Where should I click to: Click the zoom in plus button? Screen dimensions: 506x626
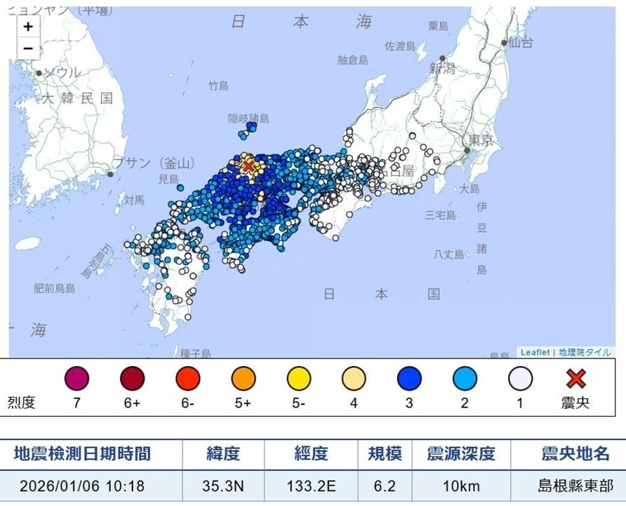(28, 27)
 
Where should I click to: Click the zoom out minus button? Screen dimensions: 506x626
(28, 47)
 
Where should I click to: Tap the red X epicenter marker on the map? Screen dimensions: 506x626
(248, 165)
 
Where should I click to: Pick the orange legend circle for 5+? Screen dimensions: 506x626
(243, 379)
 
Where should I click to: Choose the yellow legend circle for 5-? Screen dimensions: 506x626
(298, 379)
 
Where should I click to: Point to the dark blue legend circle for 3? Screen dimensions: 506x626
(409, 379)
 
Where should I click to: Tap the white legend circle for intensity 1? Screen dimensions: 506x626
(520, 379)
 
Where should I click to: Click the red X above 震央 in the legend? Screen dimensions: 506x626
(576, 379)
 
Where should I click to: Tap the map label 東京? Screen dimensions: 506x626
(484, 141)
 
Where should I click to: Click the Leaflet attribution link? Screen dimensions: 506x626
(535, 353)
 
